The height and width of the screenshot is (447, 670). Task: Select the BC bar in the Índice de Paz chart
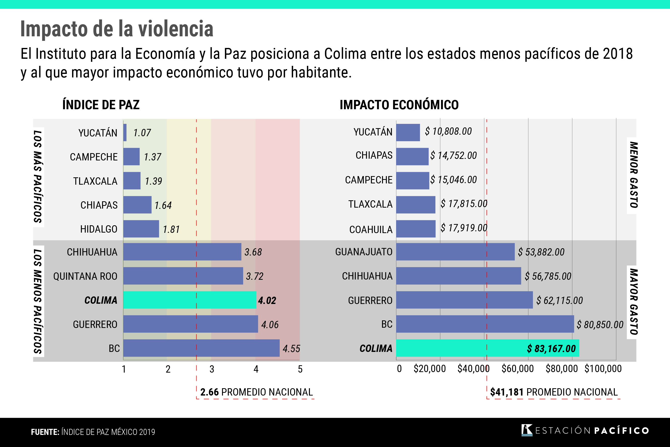point(201,348)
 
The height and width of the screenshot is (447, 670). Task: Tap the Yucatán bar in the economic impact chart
point(408,132)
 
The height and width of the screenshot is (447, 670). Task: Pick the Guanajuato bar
point(455,252)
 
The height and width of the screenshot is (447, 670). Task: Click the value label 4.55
point(291,349)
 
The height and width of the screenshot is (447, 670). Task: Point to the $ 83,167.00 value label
point(551,349)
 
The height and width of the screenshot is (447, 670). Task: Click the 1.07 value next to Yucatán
point(142,133)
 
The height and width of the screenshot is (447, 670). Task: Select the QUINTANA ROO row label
point(85,276)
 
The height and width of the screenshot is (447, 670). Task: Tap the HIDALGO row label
point(99,229)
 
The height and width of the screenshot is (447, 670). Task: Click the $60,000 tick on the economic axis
point(517,369)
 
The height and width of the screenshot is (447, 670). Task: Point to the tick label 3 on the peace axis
point(212,370)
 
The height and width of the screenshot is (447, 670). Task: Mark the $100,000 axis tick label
point(603,369)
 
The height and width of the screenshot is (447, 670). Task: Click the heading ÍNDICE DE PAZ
point(101,105)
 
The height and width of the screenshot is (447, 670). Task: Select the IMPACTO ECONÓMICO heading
point(399,105)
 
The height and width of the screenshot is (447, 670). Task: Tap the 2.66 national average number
point(209,392)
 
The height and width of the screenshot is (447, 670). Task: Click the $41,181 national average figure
point(506,392)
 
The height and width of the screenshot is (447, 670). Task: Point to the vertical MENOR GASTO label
point(633,175)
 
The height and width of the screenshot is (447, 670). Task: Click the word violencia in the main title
point(176,29)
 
